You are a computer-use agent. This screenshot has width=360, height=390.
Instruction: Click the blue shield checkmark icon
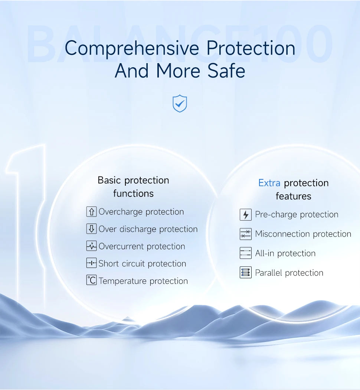click(x=180, y=103)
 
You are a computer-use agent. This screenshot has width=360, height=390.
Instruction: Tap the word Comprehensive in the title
click(x=132, y=48)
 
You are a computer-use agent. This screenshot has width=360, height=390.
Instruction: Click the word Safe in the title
click(x=226, y=71)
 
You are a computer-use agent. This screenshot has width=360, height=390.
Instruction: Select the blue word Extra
click(x=269, y=183)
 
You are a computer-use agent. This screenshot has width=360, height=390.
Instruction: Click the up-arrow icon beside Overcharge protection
click(x=91, y=212)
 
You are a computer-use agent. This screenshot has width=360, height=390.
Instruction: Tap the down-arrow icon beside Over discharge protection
click(x=91, y=229)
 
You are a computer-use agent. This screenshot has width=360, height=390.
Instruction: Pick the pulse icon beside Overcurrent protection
click(x=91, y=246)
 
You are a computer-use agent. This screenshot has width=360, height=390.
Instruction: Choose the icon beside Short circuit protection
click(x=91, y=263)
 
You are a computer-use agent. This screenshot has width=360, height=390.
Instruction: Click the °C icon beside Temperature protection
click(x=91, y=280)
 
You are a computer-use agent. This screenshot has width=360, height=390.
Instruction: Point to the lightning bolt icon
click(x=246, y=215)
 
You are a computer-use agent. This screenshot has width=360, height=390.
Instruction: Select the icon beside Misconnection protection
click(x=246, y=234)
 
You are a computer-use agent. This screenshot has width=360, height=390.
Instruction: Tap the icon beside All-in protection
click(x=246, y=253)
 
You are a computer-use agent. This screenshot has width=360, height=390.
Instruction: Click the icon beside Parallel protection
click(x=246, y=272)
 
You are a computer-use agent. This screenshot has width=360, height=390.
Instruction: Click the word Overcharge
click(x=121, y=212)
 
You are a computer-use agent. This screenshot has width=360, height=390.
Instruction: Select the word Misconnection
click(x=282, y=234)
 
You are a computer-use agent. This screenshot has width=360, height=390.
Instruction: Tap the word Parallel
click(x=269, y=273)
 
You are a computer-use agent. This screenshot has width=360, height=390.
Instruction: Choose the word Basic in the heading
click(x=109, y=180)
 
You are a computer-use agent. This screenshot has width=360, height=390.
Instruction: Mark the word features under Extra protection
click(x=294, y=196)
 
